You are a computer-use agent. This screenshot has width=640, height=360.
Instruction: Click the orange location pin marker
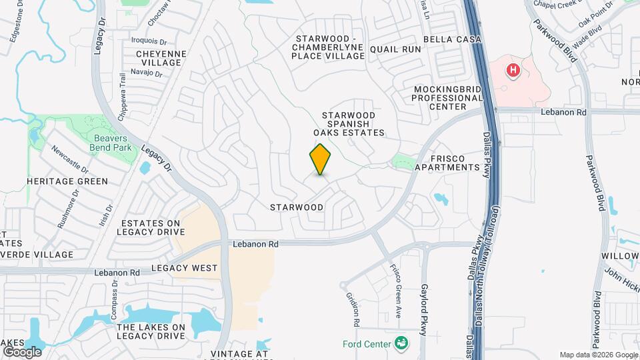click(321, 159)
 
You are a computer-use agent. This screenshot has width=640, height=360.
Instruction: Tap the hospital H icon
click(513, 70)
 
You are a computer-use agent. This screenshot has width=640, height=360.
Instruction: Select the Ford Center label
click(366, 344)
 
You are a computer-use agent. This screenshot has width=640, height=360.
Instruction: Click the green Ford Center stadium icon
click(401, 343)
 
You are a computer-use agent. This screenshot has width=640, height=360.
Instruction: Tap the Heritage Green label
click(67, 181)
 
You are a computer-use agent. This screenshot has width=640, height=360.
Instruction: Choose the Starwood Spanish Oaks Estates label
click(353, 124)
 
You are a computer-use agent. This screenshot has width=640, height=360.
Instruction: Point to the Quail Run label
click(396, 49)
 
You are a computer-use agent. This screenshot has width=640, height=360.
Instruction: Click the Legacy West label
click(184, 268)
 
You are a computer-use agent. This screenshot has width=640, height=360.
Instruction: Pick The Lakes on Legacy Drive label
click(151, 331)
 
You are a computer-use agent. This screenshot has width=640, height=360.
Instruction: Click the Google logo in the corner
click(22, 351)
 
